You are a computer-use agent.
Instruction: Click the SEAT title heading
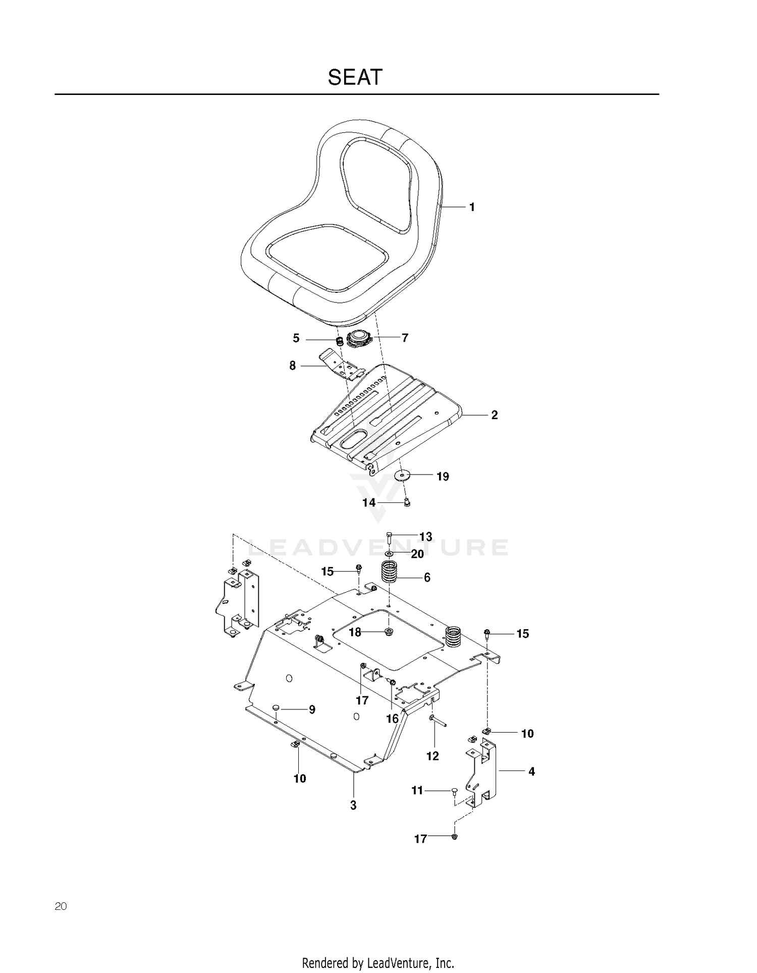[355, 77]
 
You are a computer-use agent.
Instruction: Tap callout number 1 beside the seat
[472, 207]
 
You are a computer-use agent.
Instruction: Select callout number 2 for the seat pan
[495, 415]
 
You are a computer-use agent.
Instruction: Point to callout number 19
[443, 477]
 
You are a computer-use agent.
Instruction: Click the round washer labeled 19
[402, 476]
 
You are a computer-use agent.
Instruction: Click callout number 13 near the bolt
[426, 536]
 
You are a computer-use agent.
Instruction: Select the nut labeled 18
[389, 632]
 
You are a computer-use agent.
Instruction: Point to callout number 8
[293, 366]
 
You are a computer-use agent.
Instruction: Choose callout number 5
[296, 338]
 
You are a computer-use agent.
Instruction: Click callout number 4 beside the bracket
[531, 772]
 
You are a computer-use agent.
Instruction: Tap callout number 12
[432, 756]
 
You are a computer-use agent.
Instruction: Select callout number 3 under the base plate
[353, 805]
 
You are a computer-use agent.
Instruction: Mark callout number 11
[417, 790]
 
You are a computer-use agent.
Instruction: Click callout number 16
[392, 719]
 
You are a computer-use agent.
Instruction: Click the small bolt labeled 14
[407, 502]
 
